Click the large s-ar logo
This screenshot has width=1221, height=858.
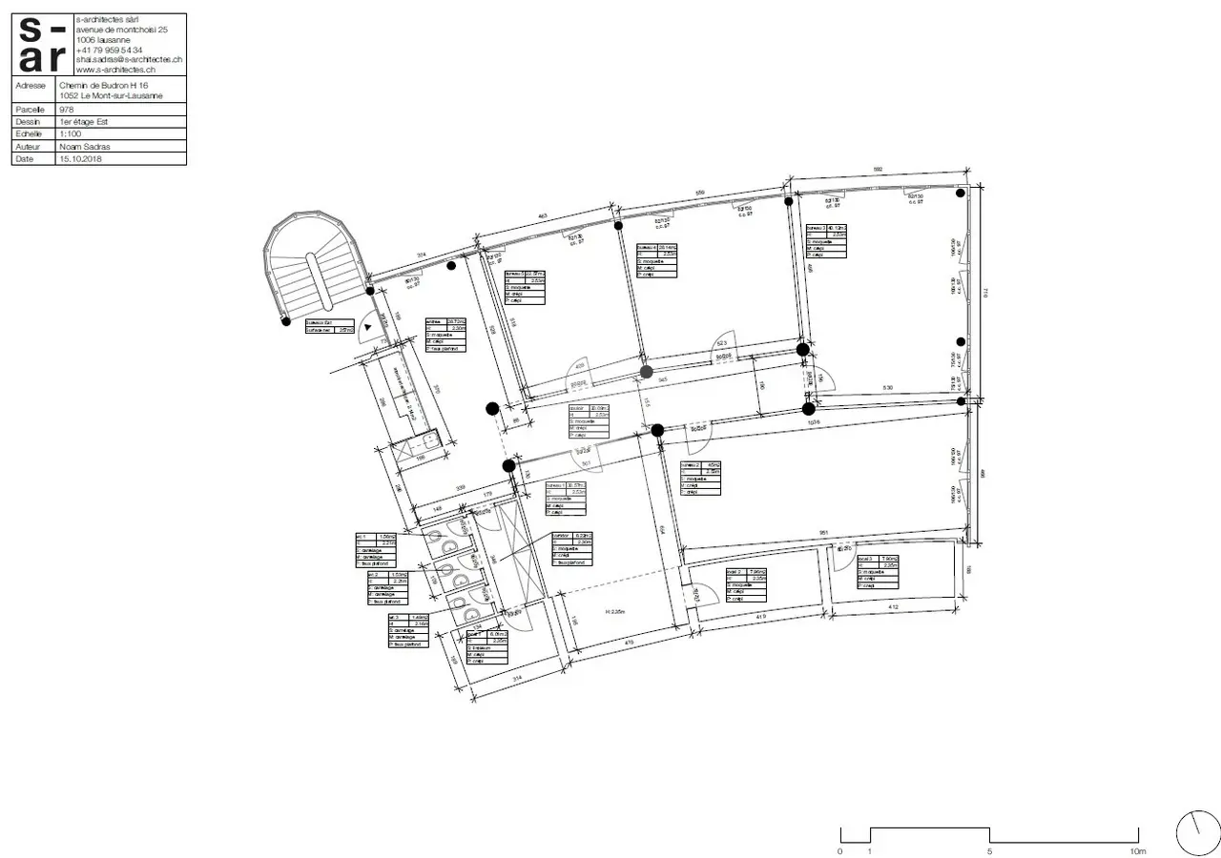(x=44, y=45)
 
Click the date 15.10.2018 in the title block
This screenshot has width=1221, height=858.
(x=80, y=159)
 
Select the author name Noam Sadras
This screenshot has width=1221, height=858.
(x=85, y=147)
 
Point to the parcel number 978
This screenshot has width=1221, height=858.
(x=66, y=110)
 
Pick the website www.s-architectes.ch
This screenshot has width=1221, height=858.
(x=115, y=70)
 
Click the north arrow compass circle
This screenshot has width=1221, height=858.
(x=1198, y=833)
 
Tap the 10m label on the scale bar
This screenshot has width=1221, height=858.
(x=1136, y=851)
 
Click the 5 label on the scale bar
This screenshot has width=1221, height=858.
(x=989, y=851)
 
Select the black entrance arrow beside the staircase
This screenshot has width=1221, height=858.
(x=367, y=326)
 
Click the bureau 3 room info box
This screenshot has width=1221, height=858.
(x=826, y=242)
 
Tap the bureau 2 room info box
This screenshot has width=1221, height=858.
(x=700, y=479)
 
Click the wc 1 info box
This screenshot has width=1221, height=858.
(x=375, y=551)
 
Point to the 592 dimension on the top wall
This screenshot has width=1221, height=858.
(x=878, y=170)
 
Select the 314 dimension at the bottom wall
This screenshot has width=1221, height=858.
(x=518, y=678)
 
